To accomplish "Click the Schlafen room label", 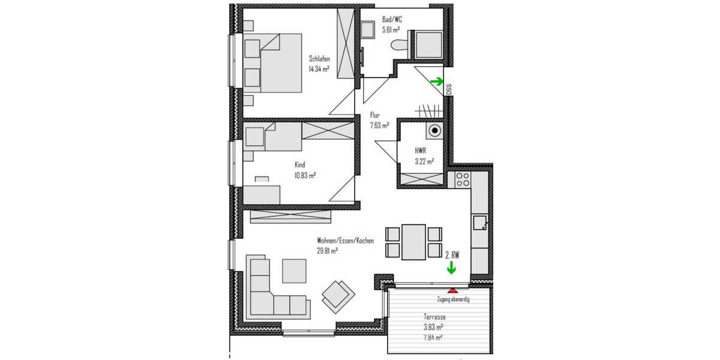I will click(320, 59).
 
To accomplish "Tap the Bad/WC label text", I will click(392, 20).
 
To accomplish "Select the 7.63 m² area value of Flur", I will click(379, 125).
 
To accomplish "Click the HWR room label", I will click(420, 151).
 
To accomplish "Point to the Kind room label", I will click(300, 164).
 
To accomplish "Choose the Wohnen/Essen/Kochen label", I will click(345, 241).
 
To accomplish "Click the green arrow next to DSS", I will click(437, 82).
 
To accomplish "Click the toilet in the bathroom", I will click(398, 44).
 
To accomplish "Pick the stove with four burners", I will click(463, 178).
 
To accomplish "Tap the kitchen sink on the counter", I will click(479, 223).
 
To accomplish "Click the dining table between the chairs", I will click(413, 241).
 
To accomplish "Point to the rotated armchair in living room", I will click(338, 294).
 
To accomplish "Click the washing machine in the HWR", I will click(434, 130).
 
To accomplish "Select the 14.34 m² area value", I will click(320, 69).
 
